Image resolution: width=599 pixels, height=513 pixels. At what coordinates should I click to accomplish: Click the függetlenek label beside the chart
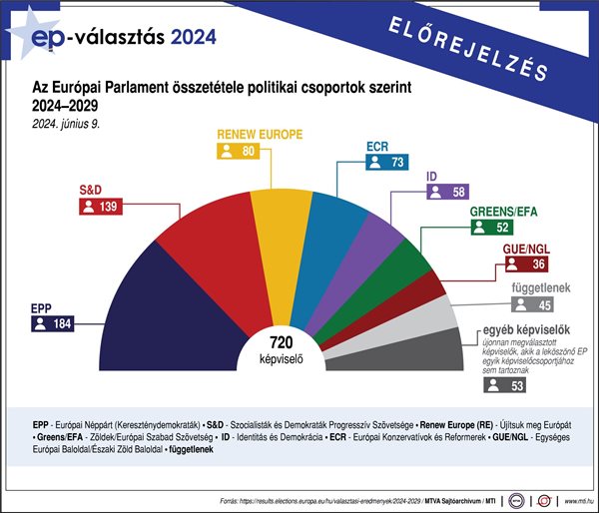click(540, 287)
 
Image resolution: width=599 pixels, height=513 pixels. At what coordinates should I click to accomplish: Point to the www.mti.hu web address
click(575, 498)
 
